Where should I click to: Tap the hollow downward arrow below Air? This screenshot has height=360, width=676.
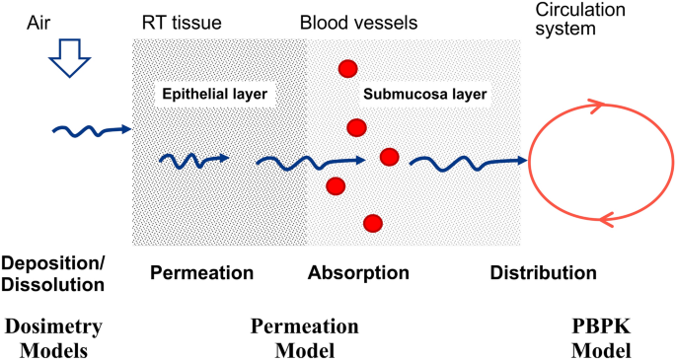[x=69, y=65]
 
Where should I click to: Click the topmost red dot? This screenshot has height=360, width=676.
[x=346, y=68]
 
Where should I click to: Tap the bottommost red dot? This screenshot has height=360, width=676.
[x=373, y=223]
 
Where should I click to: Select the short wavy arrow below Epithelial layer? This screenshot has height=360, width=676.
[x=194, y=160]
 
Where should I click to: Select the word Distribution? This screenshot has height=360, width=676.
[x=543, y=272]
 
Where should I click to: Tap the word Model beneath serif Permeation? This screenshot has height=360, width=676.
[x=305, y=349]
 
